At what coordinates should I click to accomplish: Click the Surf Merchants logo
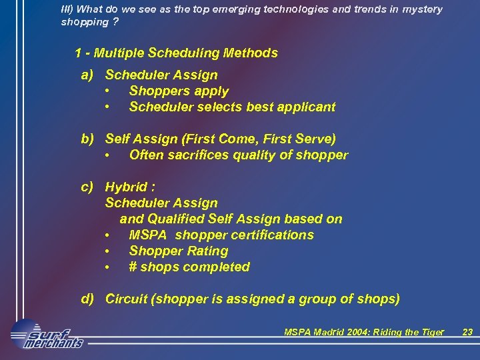(47, 335)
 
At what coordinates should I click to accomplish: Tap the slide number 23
(467, 332)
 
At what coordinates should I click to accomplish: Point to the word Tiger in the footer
(433, 332)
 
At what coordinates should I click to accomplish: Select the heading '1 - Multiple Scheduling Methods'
(177, 53)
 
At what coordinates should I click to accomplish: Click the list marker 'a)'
(87, 75)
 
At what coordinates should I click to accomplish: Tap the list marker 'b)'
(87, 139)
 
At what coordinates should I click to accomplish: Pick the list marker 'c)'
(87, 187)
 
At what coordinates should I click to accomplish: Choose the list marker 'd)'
(87, 299)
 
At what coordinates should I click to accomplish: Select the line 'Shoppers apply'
(179, 91)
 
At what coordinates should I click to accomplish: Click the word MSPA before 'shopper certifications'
(148, 235)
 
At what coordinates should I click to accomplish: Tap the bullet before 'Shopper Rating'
(107, 251)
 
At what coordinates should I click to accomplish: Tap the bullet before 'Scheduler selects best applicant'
(107, 107)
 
